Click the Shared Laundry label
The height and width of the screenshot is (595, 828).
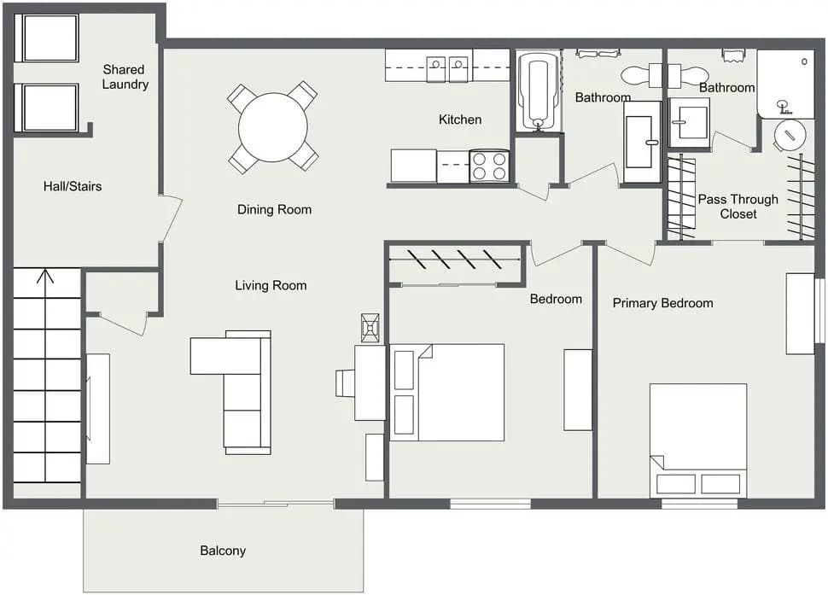point(125,77)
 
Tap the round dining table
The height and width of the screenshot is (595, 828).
point(272,127)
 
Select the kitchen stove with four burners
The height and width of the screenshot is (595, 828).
point(489,166)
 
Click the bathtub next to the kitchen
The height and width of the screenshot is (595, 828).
point(538,92)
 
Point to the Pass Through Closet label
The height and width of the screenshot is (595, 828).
point(738,207)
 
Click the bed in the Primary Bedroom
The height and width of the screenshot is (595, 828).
point(698,440)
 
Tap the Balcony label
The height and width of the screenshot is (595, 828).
point(223,551)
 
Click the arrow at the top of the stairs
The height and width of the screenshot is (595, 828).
point(46,277)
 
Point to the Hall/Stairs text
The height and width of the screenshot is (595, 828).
point(73,185)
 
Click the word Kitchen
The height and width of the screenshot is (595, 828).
point(460,120)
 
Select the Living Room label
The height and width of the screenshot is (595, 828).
point(271,285)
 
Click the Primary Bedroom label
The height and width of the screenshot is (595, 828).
point(662,303)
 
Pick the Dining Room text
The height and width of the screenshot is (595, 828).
point(274,209)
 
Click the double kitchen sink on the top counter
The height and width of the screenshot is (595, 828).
point(448,64)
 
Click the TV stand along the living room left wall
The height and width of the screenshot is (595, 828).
point(97,408)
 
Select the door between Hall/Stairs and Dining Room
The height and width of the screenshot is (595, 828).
point(170,219)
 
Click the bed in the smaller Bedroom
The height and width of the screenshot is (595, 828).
point(448,392)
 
